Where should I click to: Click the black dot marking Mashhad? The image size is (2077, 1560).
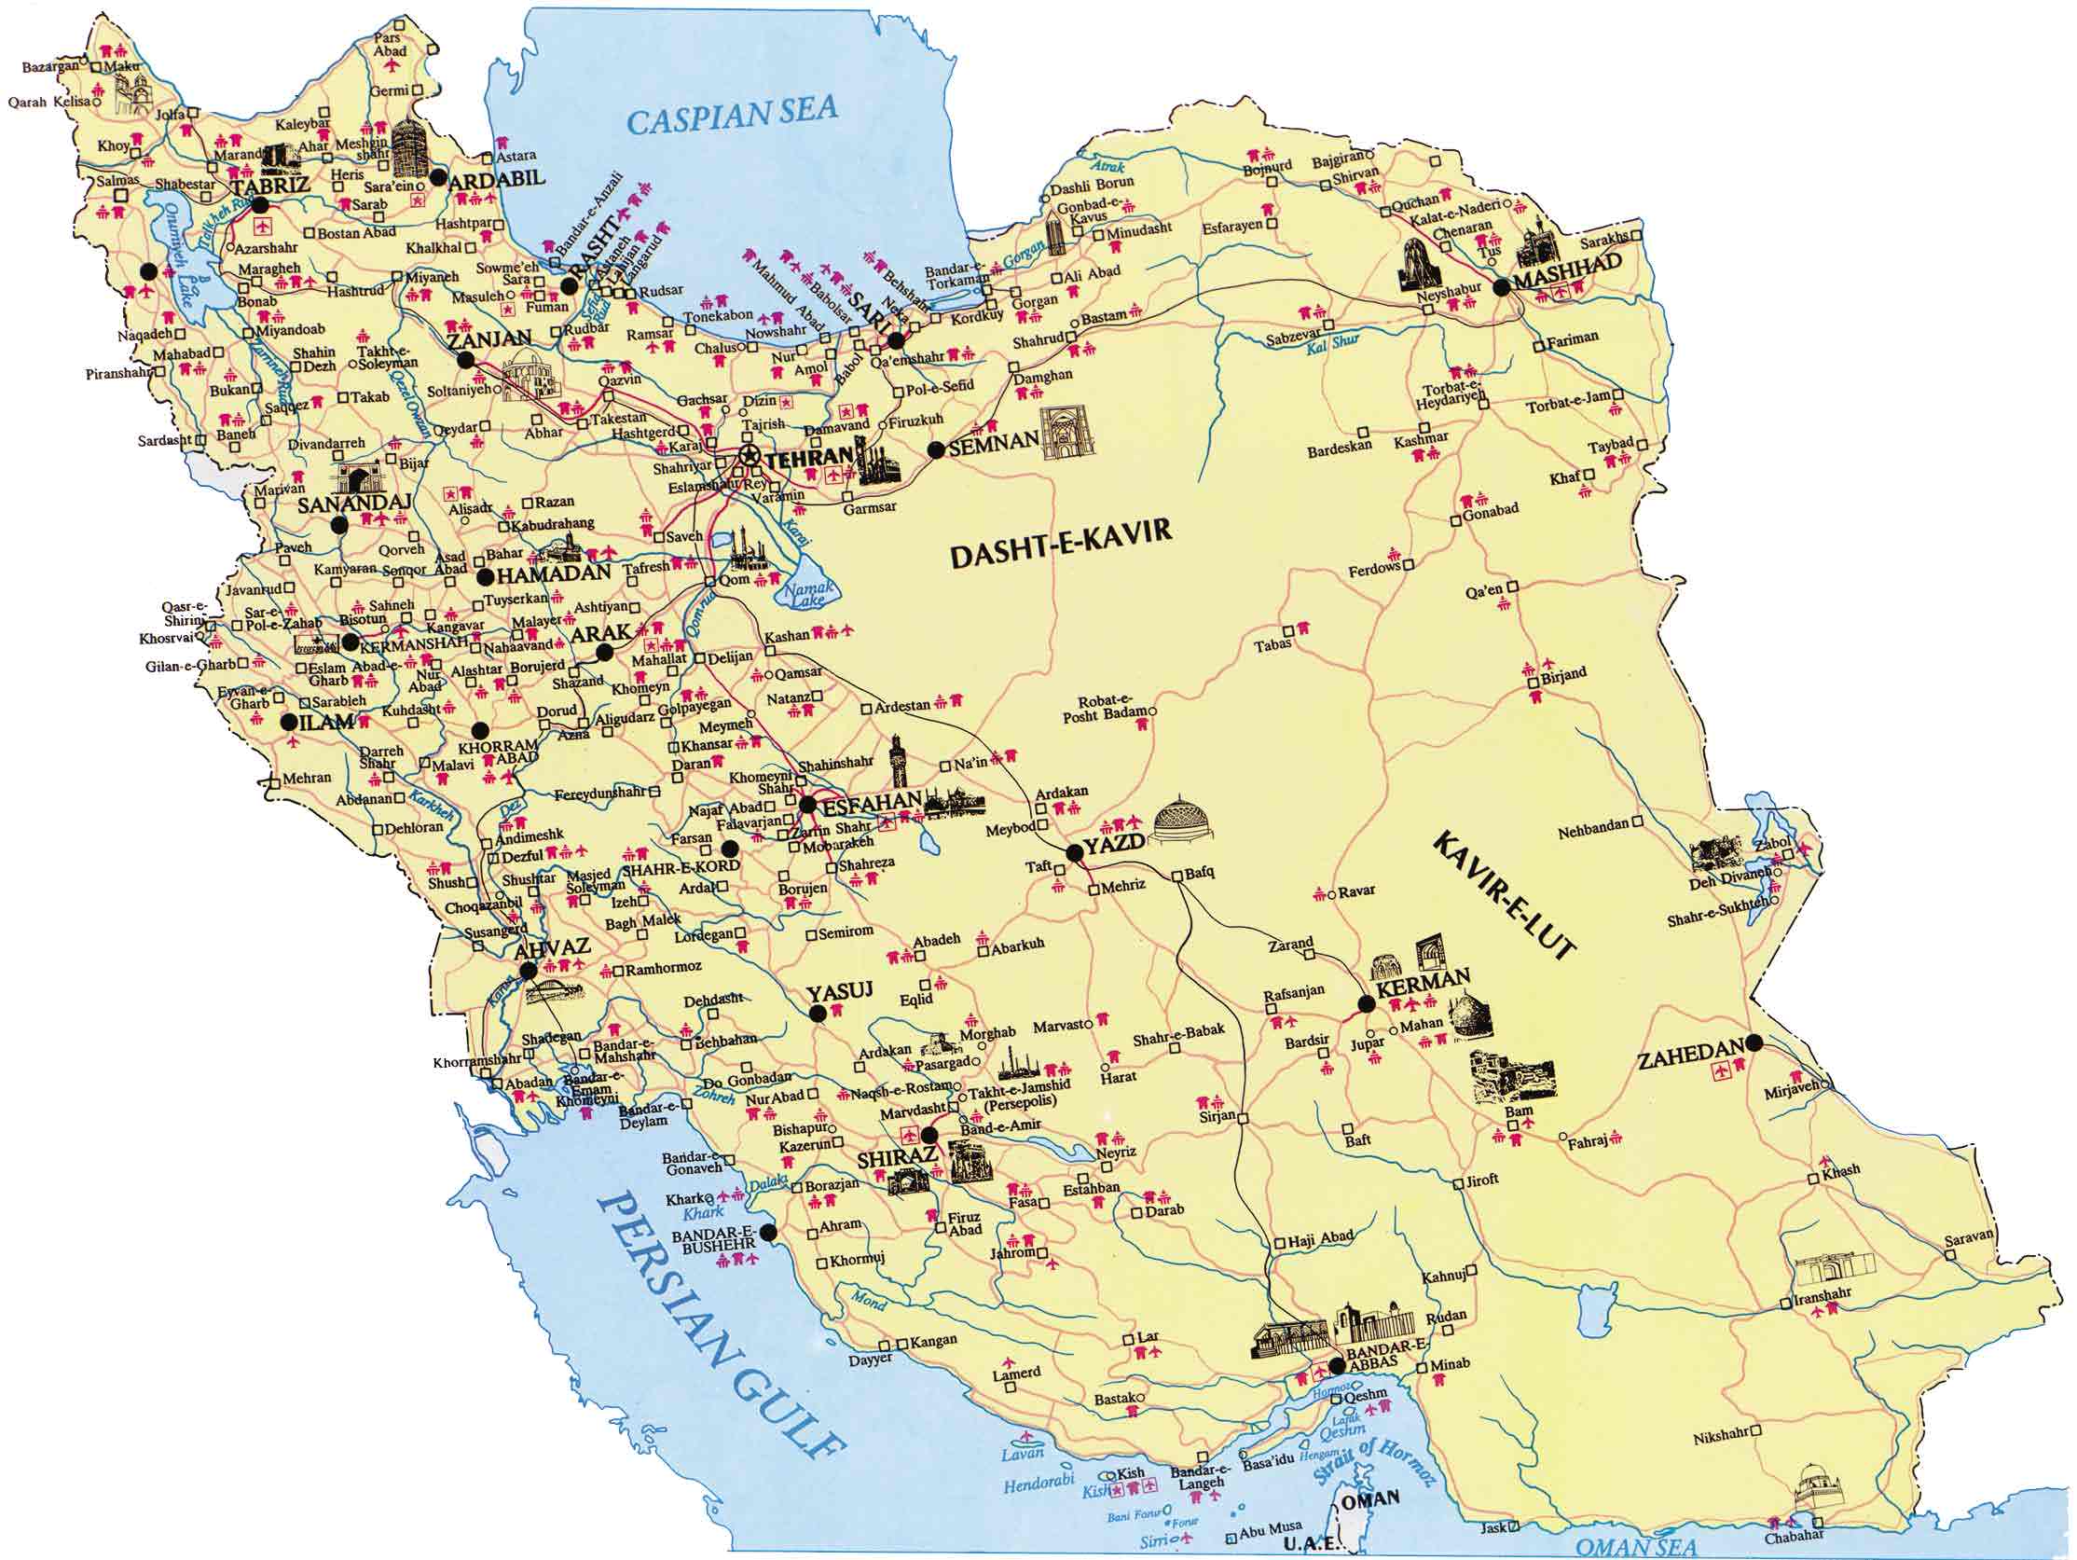pyautogui.click(x=1502, y=288)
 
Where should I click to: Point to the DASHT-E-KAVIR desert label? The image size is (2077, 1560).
pyautogui.click(x=1061, y=544)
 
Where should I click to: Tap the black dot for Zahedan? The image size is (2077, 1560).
pyautogui.click(x=1754, y=1042)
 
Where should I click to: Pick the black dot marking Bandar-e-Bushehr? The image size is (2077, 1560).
pyautogui.click(x=769, y=1232)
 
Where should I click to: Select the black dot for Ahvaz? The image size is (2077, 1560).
pyautogui.click(x=528, y=970)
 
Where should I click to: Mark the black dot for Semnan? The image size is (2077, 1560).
pyautogui.click(x=935, y=449)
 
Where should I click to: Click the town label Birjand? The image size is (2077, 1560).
pyautogui.click(x=1563, y=673)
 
